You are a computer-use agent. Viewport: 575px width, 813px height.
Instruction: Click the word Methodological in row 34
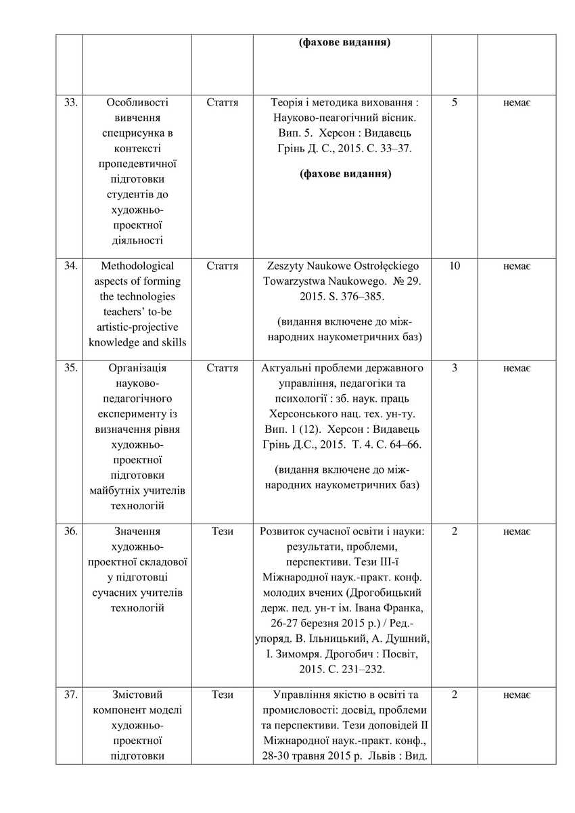tap(137, 266)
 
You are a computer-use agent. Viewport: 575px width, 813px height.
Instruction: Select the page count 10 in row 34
tap(454, 266)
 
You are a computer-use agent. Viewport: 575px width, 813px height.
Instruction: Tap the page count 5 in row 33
tap(454, 103)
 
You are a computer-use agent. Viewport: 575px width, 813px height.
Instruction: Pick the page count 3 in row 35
tap(454, 368)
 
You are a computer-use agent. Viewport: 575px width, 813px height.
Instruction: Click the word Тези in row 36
tap(223, 531)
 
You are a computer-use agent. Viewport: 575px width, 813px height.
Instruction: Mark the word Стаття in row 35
tap(223, 368)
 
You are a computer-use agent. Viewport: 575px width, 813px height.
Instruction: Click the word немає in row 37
tap(517, 695)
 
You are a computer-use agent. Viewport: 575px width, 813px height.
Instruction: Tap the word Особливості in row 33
tap(137, 103)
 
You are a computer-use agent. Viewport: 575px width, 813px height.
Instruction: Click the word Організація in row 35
tap(137, 368)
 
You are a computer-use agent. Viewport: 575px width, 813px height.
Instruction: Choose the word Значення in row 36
tap(137, 531)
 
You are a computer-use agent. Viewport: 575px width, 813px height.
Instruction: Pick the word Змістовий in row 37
tap(137, 695)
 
